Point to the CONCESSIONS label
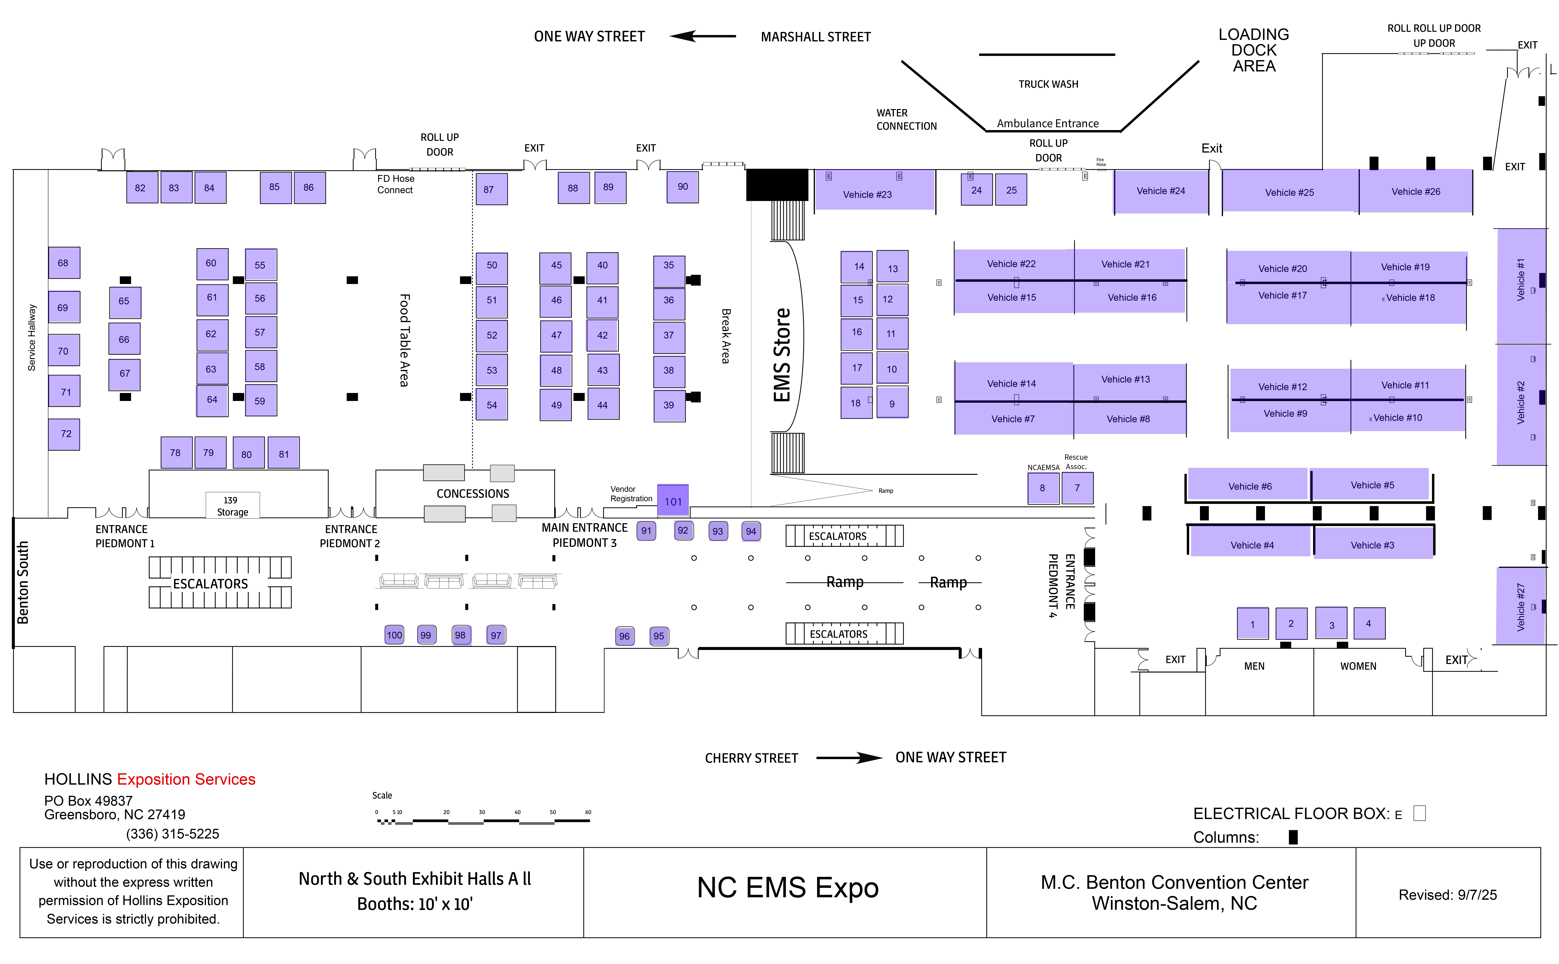(472, 494)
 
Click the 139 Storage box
(232, 506)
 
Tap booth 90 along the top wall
(683, 187)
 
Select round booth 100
(395, 635)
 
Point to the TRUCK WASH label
(1048, 84)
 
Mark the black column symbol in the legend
(1293, 836)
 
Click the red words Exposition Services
(186, 779)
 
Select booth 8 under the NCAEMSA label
(1043, 488)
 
